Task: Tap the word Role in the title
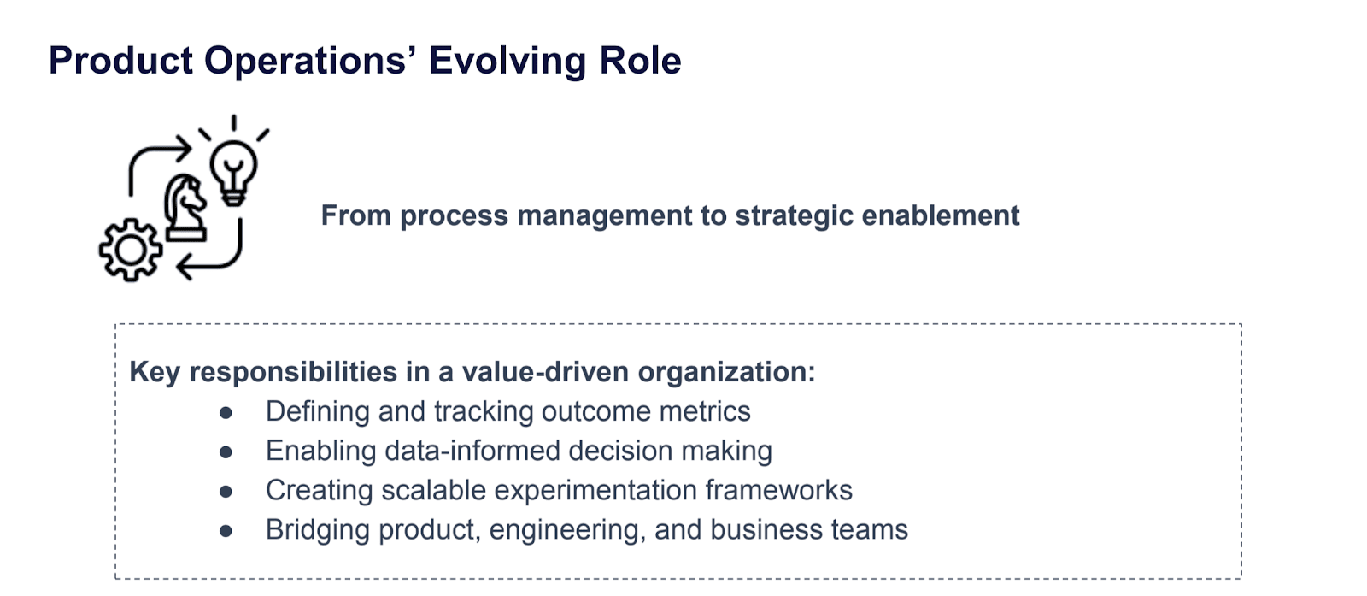click(x=640, y=61)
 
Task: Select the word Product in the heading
click(x=120, y=61)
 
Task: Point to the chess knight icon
click(x=185, y=207)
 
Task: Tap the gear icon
click(x=130, y=249)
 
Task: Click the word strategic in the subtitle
click(x=794, y=215)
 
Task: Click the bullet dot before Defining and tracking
click(x=226, y=413)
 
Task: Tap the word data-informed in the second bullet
click(x=472, y=451)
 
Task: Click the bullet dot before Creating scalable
click(x=226, y=492)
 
